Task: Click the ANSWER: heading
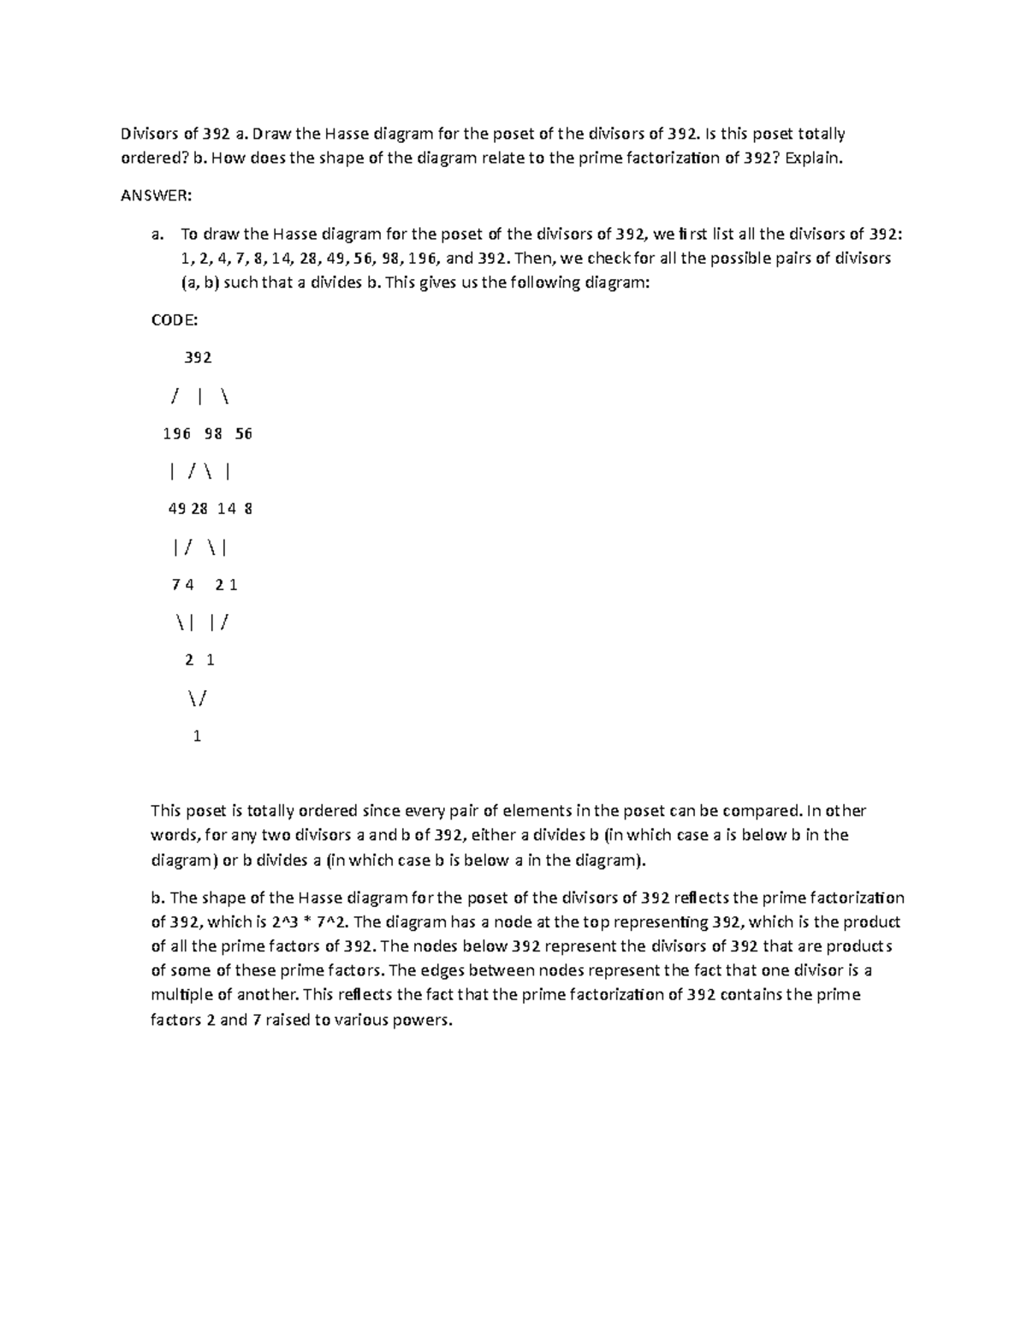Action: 157,196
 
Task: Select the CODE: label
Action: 175,319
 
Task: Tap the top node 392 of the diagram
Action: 198,357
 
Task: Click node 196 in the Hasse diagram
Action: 176,433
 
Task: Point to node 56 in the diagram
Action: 244,433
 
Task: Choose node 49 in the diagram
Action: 177,509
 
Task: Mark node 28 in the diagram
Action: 199,509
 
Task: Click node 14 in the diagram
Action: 226,509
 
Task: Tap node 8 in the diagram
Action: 248,509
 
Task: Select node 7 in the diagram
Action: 175,585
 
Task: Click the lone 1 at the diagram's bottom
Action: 198,736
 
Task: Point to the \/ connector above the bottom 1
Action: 197,698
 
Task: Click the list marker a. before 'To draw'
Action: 157,234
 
